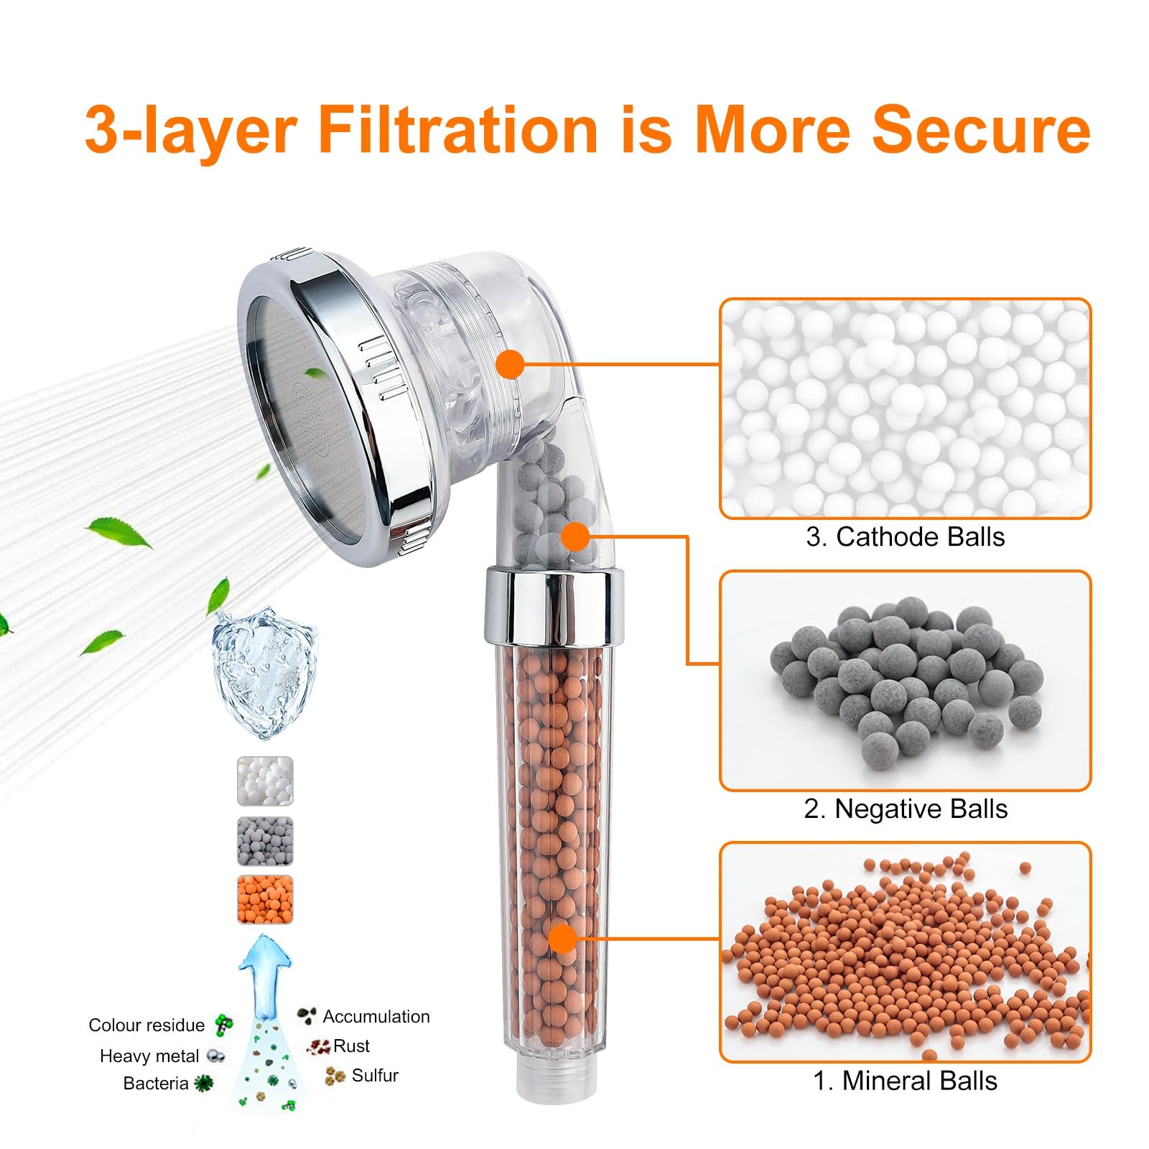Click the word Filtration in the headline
point(458,129)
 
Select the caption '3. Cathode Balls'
point(905,536)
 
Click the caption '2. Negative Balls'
point(906,809)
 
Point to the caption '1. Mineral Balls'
point(905,1081)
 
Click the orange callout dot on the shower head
point(511,364)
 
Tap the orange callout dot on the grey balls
point(575,536)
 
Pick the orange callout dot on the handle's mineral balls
point(563,938)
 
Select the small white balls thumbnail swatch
point(265,781)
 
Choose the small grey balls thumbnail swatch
point(265,841)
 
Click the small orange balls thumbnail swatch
point(265,900)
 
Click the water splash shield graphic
point(264,674)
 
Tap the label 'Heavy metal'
point(149,1056)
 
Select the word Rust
point(351,1046)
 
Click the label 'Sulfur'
point(375,1075)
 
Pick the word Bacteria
point(156,1083)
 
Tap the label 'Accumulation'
point(376,1016)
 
